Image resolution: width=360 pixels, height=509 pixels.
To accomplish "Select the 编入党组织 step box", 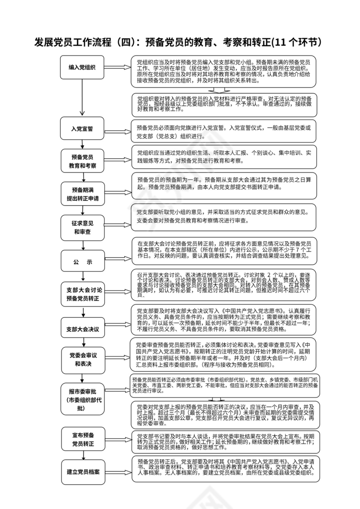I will click(82, 67).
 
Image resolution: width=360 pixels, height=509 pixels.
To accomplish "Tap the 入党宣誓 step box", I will click(82, 129).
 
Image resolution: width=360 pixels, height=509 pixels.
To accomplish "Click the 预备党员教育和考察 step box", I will click(82, 161).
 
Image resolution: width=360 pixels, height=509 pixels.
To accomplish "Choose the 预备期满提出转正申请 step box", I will click(82, 194).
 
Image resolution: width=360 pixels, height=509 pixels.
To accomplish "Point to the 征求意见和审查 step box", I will click(82, 228).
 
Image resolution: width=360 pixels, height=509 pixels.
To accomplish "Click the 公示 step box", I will click(82, 262).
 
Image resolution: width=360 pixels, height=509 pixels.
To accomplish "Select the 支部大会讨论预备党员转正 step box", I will click(82, 294).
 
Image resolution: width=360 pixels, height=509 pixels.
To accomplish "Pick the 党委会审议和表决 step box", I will click(82, 360).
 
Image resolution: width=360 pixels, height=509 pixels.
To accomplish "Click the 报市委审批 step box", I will click(82, 400).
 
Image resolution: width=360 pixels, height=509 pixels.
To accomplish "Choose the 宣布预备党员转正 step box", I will click(82, 439).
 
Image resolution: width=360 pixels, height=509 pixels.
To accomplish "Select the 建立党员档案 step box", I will click(82, 472).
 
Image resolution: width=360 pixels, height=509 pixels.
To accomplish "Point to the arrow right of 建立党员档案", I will click(118, 472).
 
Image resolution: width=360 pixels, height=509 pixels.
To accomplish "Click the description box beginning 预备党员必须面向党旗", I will click(224, 131).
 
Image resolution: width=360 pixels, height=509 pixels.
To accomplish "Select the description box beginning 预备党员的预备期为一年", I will click(224, 184).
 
